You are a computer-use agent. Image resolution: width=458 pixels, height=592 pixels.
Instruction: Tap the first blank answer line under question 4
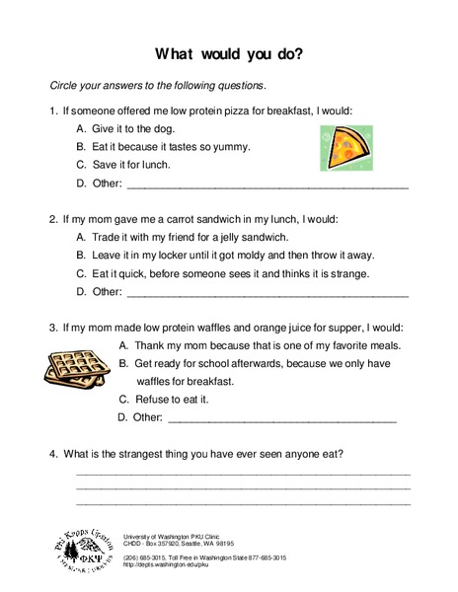(x=243, y=474)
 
